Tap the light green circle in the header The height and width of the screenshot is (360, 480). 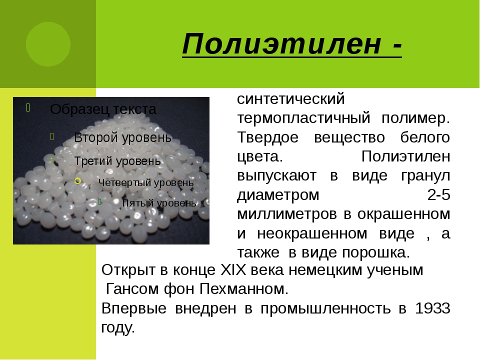coord(48,44)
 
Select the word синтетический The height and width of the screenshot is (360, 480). coord(291,99)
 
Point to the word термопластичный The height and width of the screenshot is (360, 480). coord(303,118)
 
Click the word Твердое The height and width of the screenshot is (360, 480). coord(268,137)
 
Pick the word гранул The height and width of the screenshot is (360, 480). coord(425,176)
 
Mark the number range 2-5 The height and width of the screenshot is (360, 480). coord(439,194)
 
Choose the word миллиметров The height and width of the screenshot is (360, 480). coord(287,214)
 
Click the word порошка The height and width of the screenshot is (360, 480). coord(376,253)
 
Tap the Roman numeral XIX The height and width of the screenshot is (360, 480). coord(233,270)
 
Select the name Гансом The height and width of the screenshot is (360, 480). coord(132,289)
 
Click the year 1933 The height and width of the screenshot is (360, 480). coord(432,308)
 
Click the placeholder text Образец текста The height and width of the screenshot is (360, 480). coord(103,109)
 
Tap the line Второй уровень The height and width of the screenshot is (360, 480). coord(123,138)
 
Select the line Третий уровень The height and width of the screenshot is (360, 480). coord(117,161)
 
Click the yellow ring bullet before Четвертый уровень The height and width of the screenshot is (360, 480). coord(78,181)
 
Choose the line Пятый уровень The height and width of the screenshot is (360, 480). coord(159,203)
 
